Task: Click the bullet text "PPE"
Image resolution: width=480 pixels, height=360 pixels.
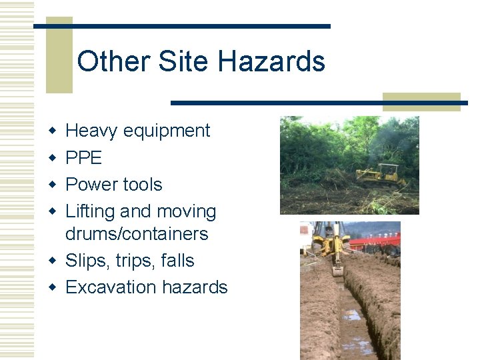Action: pos(84,158)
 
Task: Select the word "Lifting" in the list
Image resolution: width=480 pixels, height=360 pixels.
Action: pos(90,212)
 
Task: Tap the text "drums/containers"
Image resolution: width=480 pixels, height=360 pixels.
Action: pos(137,234)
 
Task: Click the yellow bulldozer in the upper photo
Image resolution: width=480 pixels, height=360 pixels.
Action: pos(381,175)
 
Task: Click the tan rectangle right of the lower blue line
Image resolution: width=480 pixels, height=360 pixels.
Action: pos(421,101)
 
